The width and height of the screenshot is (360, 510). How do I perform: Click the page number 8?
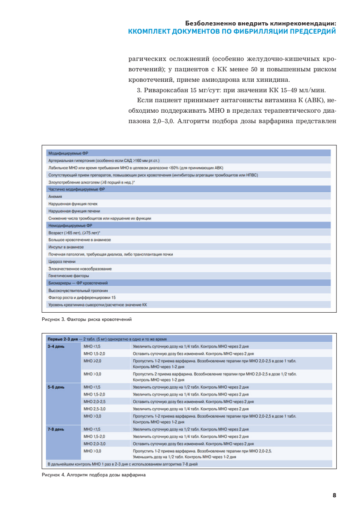tap(334, 495)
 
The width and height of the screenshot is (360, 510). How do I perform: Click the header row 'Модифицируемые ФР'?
tap(69, 154)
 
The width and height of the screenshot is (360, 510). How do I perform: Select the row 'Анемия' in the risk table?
tap(55, 197)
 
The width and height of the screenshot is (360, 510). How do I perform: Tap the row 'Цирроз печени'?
tap(62, 261)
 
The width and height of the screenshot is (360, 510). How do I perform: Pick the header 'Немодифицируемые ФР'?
tap(70, 225)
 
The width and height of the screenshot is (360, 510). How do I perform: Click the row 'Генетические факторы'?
tap(69, 276)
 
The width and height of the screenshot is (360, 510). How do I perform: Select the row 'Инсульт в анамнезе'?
tap(66, 247)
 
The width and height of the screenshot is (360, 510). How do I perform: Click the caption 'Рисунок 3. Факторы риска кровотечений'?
tap(86, 320)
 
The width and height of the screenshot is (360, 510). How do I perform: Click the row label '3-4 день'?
tap(56, 346)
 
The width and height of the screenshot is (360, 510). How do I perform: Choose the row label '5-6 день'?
tap(56, 387)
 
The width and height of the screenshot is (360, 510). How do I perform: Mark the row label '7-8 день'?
tap(56, 429)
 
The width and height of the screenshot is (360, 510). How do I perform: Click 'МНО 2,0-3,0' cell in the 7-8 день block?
tap(95, 443)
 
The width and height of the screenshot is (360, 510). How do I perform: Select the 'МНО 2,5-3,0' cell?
tap(95, 409)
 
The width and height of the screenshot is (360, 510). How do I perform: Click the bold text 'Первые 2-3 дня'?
tap(63, 339)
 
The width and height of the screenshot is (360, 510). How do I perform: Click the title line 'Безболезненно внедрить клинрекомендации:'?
tap(261, 23)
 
